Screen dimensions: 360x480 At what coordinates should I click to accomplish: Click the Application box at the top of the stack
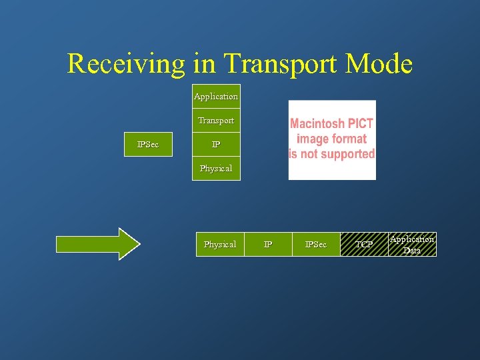click(216, 97)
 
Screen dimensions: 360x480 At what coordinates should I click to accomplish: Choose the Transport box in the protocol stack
click(216, 121)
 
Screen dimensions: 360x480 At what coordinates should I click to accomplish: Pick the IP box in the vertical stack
click(216, 145)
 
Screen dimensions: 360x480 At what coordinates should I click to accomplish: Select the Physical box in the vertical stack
click(216, 169)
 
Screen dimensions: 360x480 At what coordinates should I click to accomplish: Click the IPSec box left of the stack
click(148, 145)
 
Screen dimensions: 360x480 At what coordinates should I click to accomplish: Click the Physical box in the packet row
click(219, 245)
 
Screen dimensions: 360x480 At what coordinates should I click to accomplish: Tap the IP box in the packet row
click(268, 245)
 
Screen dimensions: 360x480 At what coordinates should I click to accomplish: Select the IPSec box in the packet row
click(316, 245)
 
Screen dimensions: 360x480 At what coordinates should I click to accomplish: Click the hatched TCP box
click(364, 245)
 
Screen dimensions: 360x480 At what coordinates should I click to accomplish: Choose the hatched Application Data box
click(412, 245)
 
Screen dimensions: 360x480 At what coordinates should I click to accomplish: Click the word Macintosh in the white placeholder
click(317, 124)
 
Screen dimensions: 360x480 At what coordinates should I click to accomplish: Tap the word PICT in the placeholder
click(360, 124)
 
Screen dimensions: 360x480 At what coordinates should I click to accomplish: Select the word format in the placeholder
click(351, 139)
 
